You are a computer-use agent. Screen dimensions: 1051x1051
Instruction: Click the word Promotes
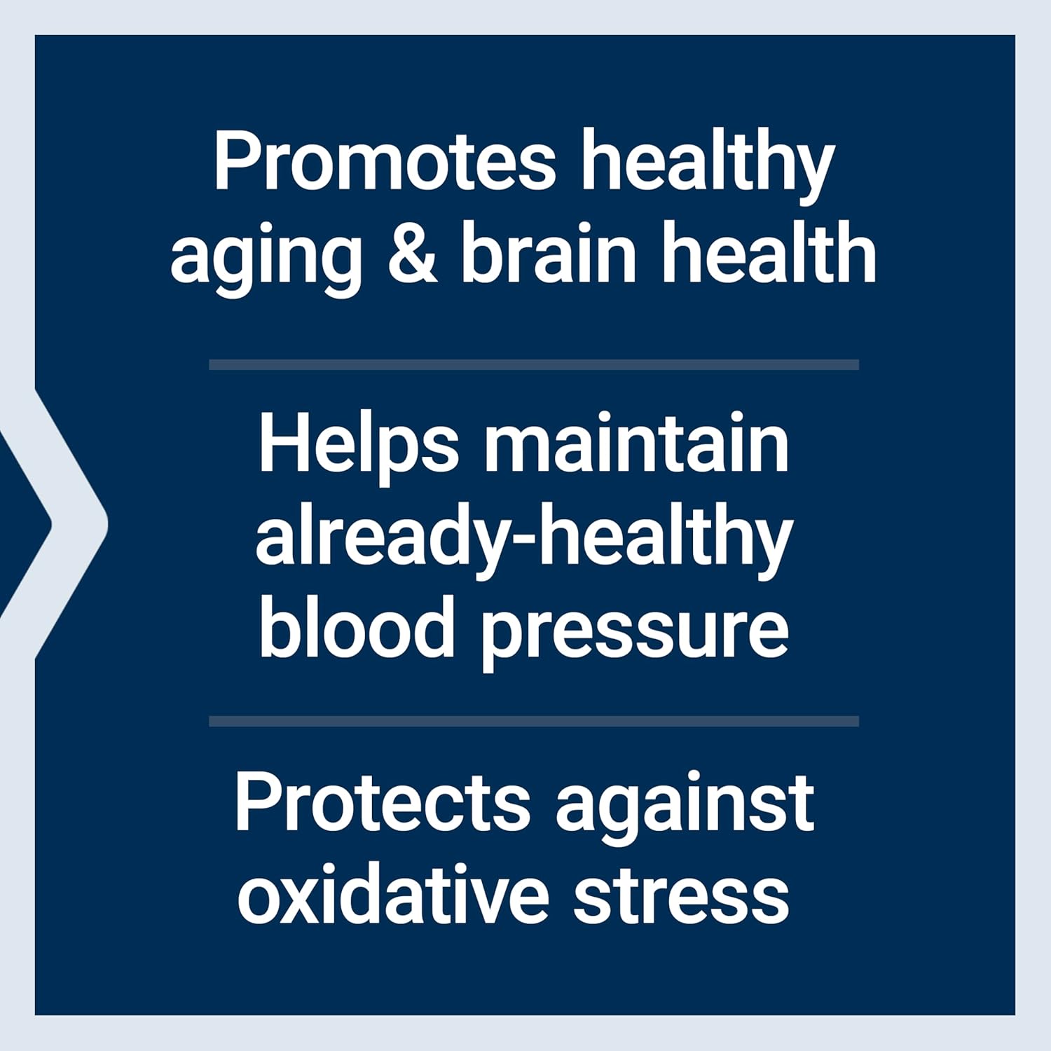coord(385,160)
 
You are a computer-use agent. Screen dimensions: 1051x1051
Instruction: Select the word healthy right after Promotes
coord(708,165)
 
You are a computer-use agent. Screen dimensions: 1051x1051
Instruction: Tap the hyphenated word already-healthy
coord(523,540)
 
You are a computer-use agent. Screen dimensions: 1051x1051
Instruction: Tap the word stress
coord(681,897)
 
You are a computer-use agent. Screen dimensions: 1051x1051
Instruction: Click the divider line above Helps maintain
coord(533,364)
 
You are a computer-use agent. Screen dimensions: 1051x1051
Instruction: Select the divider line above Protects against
coord(533,721)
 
